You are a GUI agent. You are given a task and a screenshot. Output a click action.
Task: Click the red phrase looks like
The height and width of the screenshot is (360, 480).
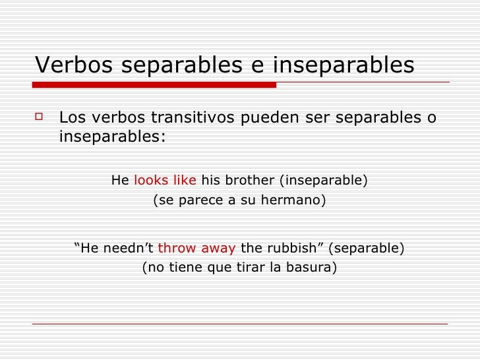[x=165, y=180]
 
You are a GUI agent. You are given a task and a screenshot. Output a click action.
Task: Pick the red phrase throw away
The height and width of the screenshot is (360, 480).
[x=196, y=249]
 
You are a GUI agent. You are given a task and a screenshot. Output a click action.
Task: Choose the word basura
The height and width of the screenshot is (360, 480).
[x=313, y=268]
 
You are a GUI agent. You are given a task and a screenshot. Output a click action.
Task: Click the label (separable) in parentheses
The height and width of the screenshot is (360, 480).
[x=366, y=249]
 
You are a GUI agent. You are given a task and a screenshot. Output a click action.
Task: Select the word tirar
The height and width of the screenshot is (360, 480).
[x=248, y=268]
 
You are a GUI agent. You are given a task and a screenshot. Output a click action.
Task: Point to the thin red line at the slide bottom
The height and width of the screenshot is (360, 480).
[x=240, y=324]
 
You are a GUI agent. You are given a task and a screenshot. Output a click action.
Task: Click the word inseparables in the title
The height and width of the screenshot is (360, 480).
[x=344, y=65]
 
